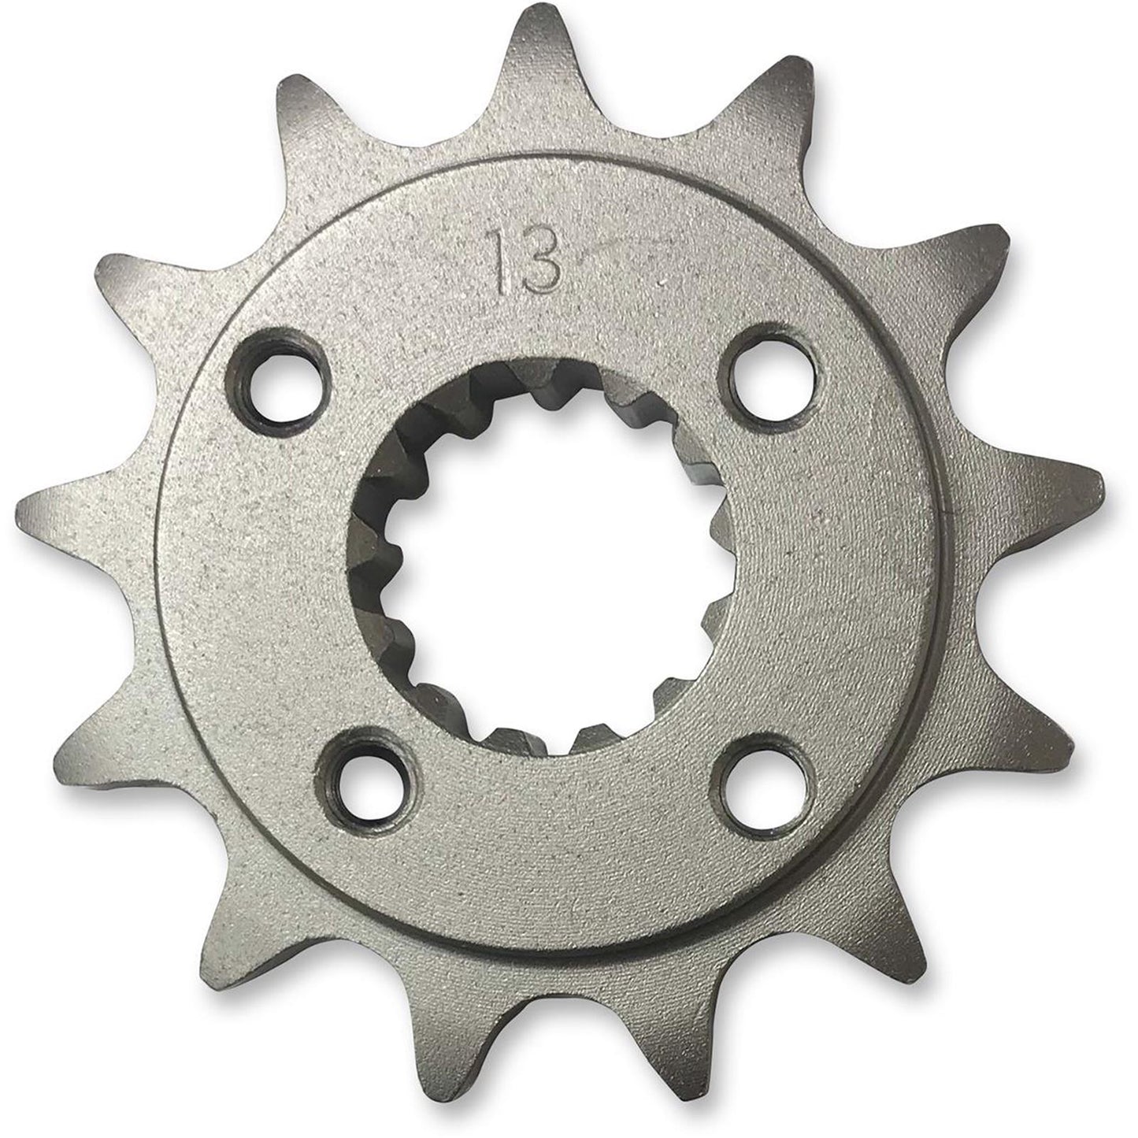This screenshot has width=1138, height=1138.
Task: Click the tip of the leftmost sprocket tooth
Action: click(24, 504)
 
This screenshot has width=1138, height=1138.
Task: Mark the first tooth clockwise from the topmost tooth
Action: click(788, 79)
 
